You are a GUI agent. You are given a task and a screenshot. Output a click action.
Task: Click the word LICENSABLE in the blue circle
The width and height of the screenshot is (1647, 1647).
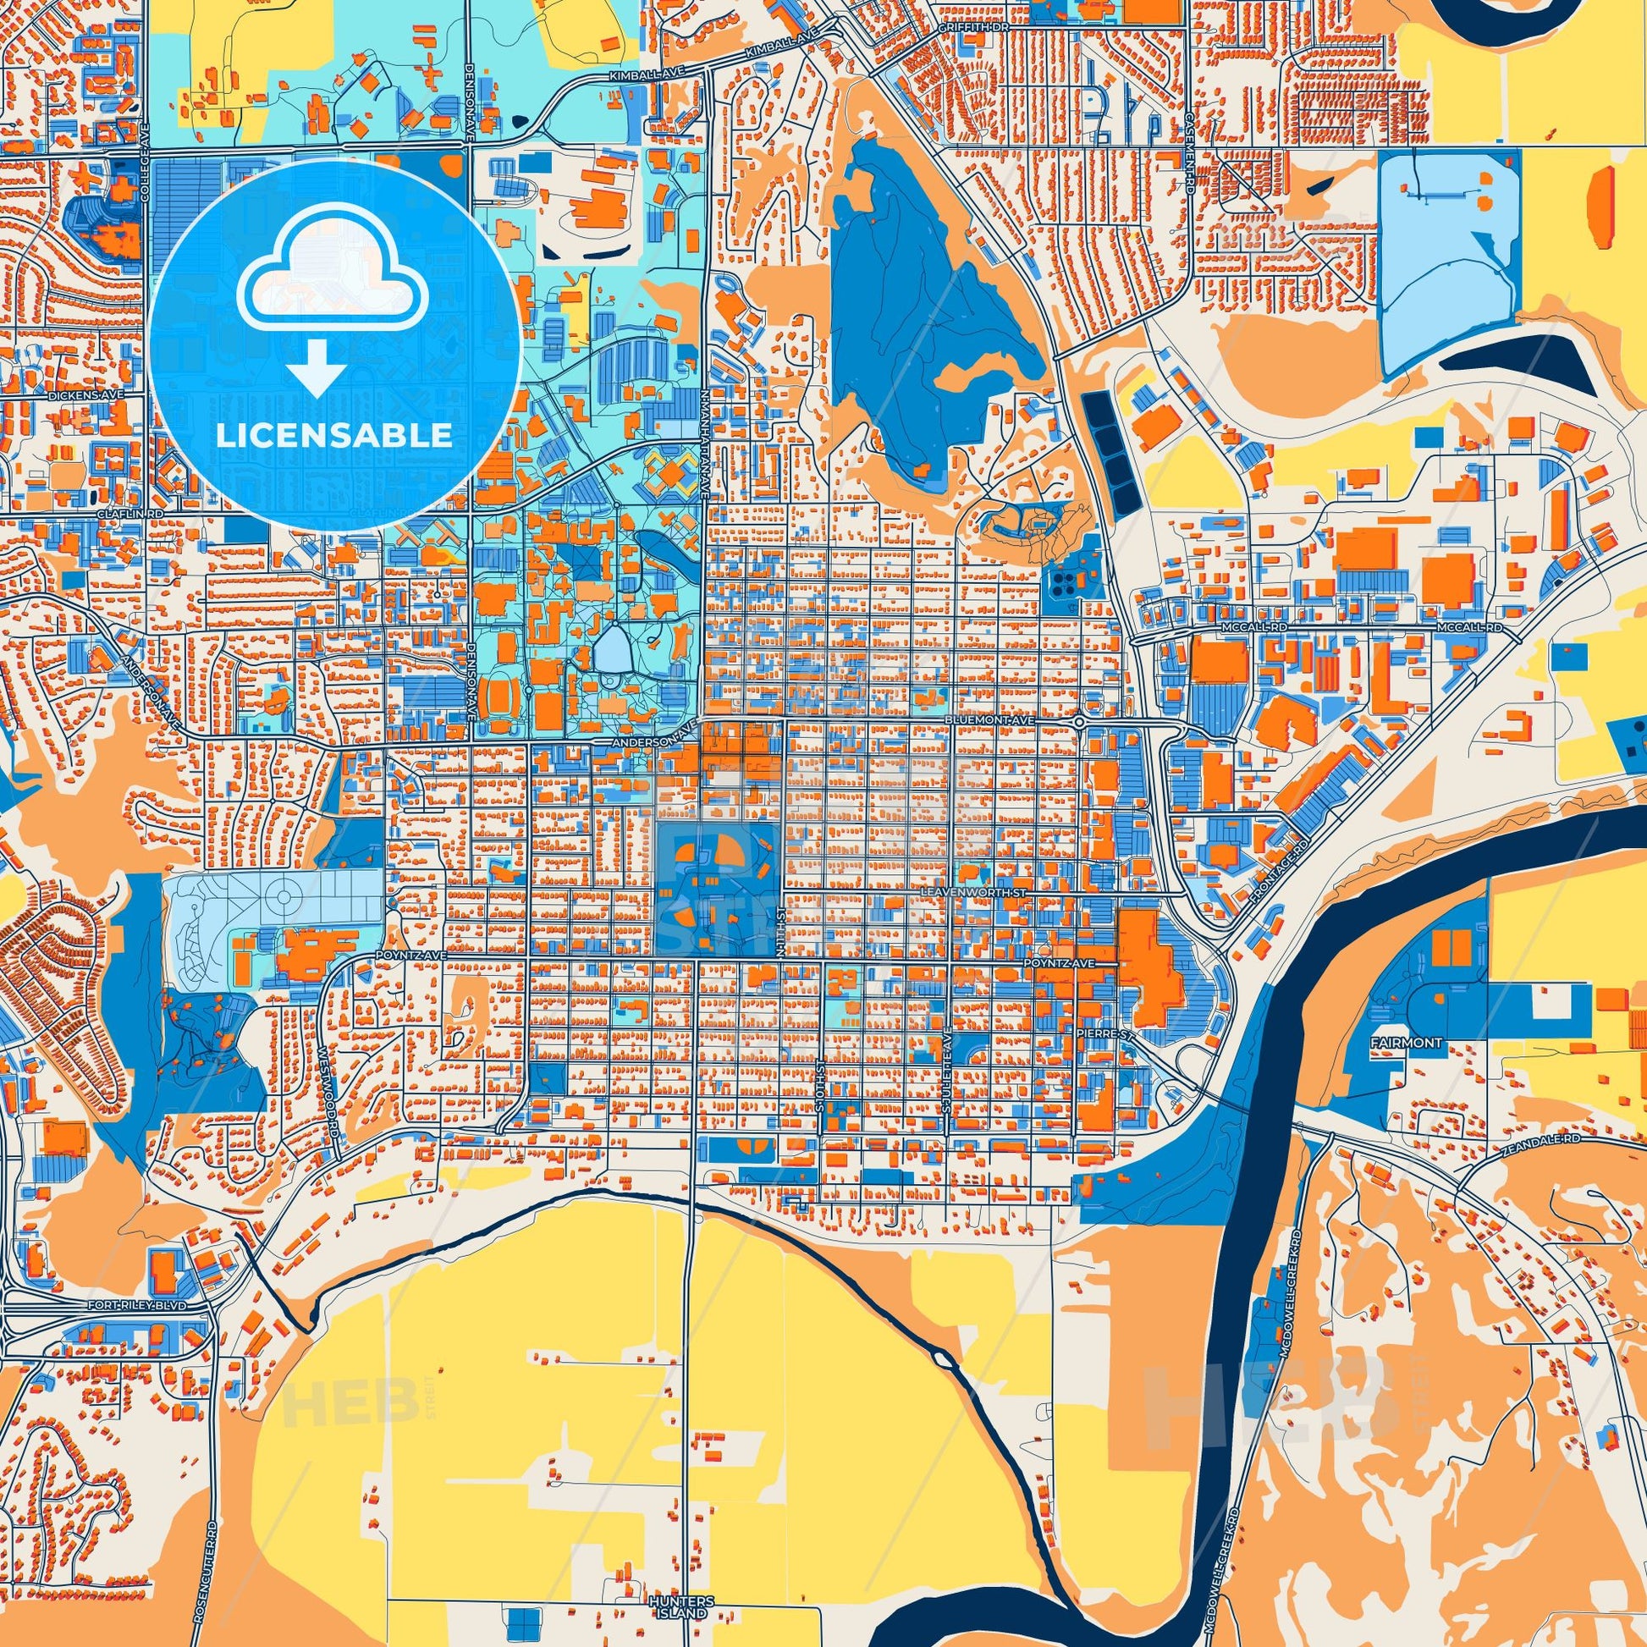coord(334,436)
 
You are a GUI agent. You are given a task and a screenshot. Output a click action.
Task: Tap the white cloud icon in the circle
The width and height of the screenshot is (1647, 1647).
coord(334,281)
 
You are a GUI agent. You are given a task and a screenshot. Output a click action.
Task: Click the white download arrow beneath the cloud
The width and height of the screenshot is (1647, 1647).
coord(317,367)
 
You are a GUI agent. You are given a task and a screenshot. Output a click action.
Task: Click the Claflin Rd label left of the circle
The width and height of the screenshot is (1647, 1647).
coord(82,515)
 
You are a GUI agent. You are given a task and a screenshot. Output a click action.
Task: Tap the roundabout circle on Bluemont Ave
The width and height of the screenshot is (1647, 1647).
coord(1079,723)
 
